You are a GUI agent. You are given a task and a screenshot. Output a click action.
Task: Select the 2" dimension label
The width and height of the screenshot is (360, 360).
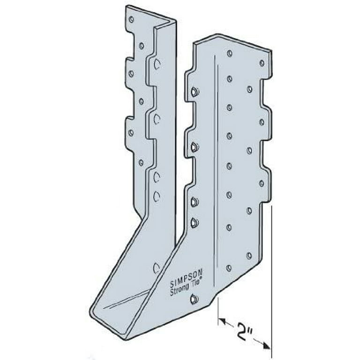[x=245, y=326]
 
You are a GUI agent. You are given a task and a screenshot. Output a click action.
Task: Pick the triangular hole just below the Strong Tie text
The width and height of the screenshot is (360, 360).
[x=195, y=299]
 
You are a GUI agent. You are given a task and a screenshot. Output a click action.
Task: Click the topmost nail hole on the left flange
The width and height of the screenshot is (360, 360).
[x=131, y=20]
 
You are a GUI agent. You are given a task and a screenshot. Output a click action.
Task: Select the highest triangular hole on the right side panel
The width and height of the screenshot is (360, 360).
[x=195, y=91]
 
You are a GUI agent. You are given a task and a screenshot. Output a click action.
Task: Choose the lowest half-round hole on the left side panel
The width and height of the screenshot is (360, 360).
[x=157, y=268]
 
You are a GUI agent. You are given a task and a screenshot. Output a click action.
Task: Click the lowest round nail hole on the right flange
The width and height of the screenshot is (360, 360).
[x=229, y=268]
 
